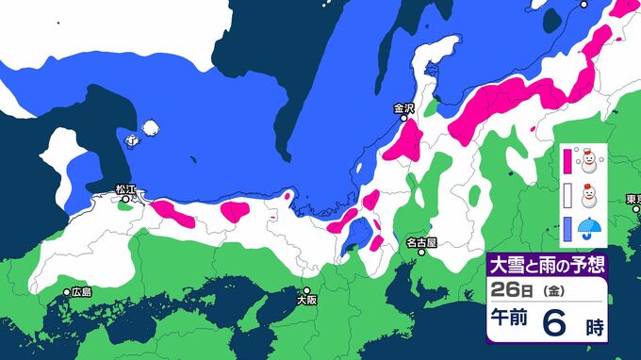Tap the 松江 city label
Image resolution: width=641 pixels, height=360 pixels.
coord(126,189)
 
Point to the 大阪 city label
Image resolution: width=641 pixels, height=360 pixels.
coord(305,301)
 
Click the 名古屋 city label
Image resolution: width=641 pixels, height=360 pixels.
coord(421,242)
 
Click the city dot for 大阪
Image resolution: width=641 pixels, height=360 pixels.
coord(305,290)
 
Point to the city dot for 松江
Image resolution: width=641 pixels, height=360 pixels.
coord(125,199)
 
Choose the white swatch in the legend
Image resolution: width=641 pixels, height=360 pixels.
coord(567,196)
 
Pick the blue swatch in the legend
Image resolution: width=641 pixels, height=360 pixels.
coord(567,227)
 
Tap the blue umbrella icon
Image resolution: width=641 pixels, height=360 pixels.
coord(590,227)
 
